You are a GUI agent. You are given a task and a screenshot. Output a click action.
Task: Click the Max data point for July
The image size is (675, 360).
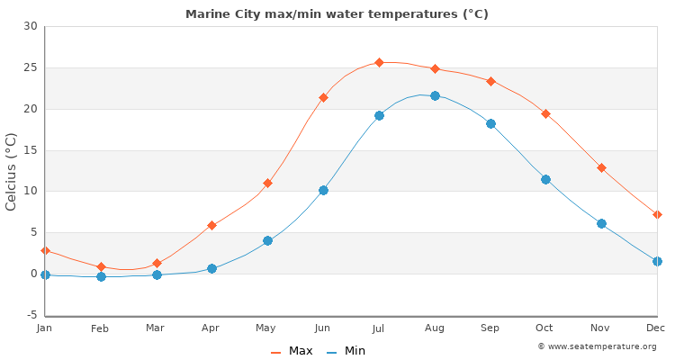(379, 62)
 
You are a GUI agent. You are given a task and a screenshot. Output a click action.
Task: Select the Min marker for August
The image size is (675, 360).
(435, 95)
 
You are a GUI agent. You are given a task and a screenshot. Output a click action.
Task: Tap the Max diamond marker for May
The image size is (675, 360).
(267, 183)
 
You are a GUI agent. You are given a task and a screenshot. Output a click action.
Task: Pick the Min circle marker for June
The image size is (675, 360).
(323, 190)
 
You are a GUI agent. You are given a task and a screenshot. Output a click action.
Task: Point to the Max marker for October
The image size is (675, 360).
(545, 113)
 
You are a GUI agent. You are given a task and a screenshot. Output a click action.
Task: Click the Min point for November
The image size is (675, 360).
(601, 223)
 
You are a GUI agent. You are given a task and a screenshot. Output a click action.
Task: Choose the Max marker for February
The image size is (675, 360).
(101, 266)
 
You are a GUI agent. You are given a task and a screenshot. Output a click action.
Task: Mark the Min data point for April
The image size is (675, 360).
(211, 268)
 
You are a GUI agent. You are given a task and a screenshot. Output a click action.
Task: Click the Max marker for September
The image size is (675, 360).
(490, 81)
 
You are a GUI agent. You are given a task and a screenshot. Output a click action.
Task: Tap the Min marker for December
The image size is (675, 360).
(657, 261)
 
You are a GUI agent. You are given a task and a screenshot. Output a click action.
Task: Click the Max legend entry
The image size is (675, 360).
(292, 351)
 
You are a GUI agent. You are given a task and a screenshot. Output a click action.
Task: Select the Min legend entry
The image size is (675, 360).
(346, 351)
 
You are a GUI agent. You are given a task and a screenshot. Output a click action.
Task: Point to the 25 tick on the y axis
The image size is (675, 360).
(31, 67)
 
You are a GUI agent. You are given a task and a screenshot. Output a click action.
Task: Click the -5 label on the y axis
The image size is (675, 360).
(30, 315)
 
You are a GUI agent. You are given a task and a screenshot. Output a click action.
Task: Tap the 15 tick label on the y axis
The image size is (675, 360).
(31, 150)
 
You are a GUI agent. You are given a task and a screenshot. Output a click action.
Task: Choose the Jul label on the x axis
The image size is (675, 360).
(379, 328)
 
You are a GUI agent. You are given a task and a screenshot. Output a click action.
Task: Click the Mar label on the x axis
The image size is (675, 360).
(156, 328)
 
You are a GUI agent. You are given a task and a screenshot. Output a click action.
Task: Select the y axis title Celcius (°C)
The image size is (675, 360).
(12, 171)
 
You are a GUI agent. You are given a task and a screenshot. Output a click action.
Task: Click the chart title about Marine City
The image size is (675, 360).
(337, 14)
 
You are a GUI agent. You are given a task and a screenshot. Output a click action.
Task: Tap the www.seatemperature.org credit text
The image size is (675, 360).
(597, 346)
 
